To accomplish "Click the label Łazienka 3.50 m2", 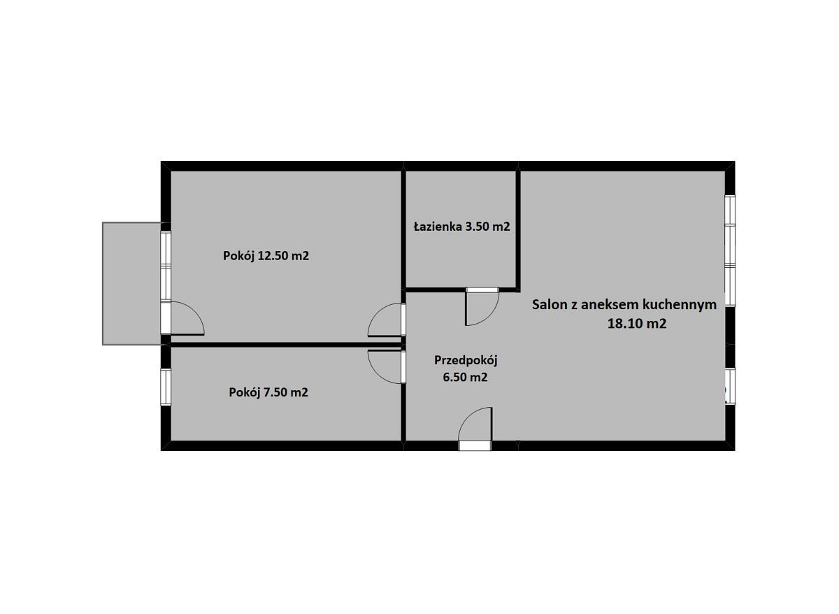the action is pyautogui.click(x=461, y=227).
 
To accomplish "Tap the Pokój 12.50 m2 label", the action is pyautogui.click(x=266, y=256).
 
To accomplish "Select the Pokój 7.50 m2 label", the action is pyautogui.click(x=268, y=392).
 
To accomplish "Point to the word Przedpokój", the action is pyautogui.click(x=466, y=360).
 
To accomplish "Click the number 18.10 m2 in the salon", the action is pyautogui.click(x=637, y=323).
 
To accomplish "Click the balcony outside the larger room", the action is pyautogui.click(x=132, y=284).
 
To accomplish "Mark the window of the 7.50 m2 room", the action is pyautogui.click(x=166, y=387).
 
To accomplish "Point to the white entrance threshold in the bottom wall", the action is pyautogui.click(x=475, y=445).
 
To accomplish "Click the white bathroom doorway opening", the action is pyautogui.click(x=482, y=290).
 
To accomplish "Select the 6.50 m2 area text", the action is pyautogui.click(x=465, y=377).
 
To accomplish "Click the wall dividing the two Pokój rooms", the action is pyautogui.click(x=286, y=345).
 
